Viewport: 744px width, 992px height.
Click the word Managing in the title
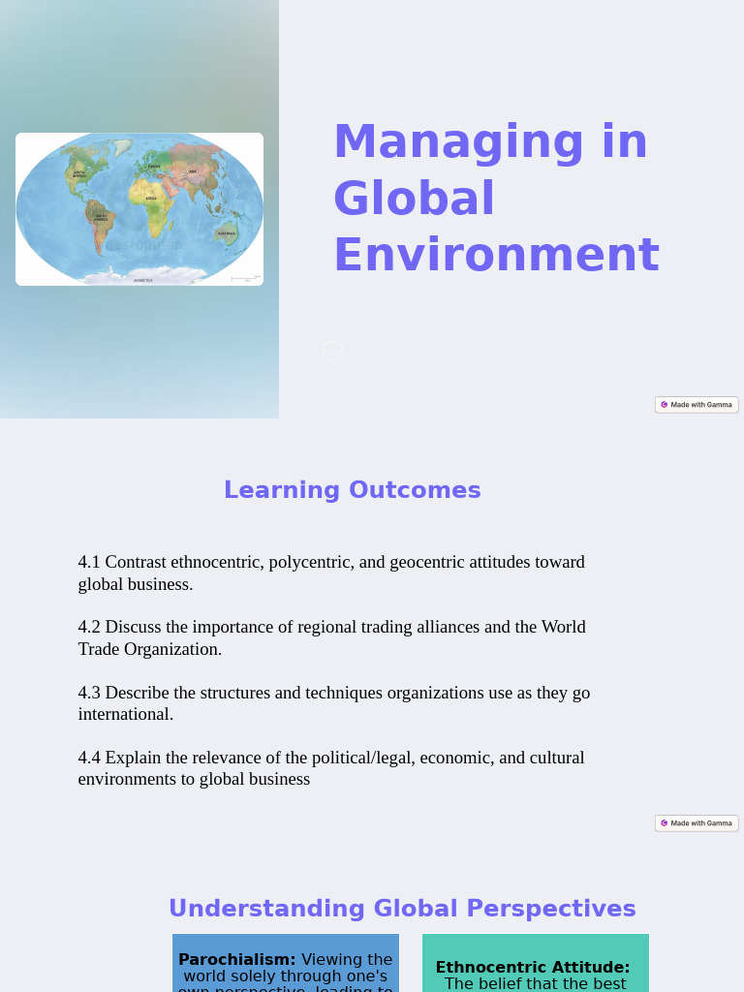[457, 141]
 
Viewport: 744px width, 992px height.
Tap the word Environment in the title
[496, 256]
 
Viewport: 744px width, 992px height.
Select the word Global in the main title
[414, 199]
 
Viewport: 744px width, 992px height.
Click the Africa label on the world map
[151, 199]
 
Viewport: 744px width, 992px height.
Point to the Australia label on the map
[227, 233]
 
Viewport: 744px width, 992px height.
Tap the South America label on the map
[101, 217]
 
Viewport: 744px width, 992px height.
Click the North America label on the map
[79, 174]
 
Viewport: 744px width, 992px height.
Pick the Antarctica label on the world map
[143, 280]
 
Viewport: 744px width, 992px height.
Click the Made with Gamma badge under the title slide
[697, 405]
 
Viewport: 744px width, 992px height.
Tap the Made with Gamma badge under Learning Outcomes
[697, 823]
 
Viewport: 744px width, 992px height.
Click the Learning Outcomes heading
[352, 490]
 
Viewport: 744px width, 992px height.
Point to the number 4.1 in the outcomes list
[89, 562]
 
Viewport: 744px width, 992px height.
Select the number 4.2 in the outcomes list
[89, 627]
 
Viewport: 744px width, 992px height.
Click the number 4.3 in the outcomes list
[89, 693]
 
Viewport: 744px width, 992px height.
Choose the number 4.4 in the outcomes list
[89, 758]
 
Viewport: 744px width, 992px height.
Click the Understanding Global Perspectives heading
[402, 909]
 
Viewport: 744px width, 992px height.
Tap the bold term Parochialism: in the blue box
[237, 960]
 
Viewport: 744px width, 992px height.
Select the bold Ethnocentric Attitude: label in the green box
[533, 968]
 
